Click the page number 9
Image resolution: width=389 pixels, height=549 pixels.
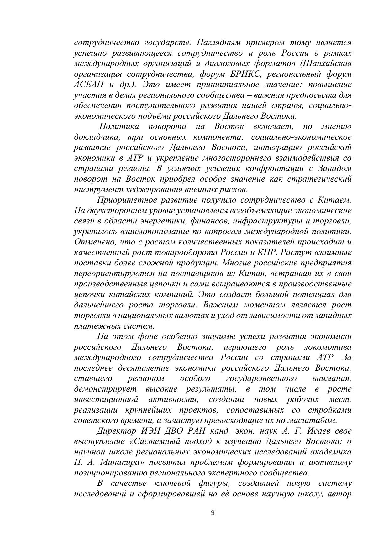tap(213, 513)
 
